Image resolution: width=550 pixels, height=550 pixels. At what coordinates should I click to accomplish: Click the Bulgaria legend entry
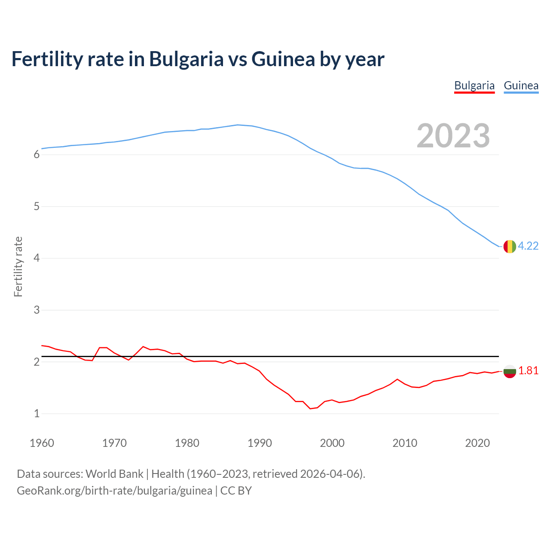[x=474, y=86]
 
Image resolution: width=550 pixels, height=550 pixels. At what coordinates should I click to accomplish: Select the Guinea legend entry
[x=521, y=86]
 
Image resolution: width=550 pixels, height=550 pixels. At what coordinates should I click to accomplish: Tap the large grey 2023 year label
[x=453, y=136]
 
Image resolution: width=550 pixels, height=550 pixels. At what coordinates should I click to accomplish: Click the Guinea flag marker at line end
[x=510, y=246]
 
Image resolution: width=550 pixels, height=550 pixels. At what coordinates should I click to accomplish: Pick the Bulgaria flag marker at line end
[x=510, y=371]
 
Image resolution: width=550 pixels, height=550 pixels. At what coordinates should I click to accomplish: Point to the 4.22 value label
[x=528, y=246]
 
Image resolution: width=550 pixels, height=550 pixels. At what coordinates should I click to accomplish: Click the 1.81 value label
[x=528, y=371]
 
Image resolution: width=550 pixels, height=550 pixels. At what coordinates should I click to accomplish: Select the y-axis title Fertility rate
[x=18, y=266]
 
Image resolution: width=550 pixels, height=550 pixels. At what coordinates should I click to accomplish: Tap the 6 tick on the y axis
[x=37, y=155]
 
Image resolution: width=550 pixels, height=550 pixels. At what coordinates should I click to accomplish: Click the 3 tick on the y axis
[x=37, y=310]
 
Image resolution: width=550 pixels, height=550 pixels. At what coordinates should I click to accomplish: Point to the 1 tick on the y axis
[x=37, y=414]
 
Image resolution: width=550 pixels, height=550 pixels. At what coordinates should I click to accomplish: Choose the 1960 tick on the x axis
[x=42, y=443]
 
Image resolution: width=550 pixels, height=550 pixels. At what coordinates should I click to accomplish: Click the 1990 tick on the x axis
[x=260, y=443]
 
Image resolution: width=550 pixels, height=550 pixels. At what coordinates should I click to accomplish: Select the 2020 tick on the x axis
[x=477, y=443]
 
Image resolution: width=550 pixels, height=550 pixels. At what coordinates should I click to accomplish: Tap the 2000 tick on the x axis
[x=332, y=443]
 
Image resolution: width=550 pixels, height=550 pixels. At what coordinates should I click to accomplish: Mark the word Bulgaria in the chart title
[x=186, y=59]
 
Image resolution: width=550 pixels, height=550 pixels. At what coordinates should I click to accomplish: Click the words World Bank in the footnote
[x=114, y=474]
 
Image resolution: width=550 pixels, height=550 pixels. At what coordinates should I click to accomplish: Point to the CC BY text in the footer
[x=236, y=491]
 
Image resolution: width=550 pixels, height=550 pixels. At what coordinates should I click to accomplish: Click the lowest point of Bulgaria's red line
[x=310, y=409]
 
